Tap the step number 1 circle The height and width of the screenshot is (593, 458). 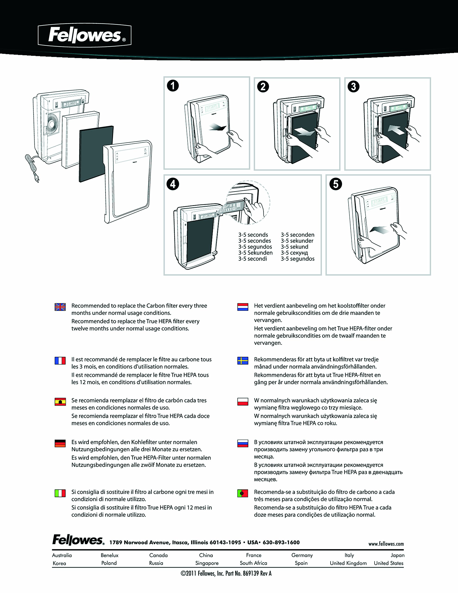click(173, 86)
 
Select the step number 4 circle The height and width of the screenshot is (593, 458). click(173, 184)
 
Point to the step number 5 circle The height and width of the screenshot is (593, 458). click(336, 184)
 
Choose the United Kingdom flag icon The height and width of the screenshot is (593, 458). click(60, 307)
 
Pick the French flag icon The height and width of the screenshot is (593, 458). click(60, 361)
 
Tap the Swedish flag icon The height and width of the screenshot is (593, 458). click(243, 361)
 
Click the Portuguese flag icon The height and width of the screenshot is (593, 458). click(243, 493)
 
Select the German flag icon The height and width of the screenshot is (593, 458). click(60, 443)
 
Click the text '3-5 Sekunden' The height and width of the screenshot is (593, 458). click(255, 253)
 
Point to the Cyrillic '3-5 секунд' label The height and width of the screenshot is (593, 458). click(294, 253)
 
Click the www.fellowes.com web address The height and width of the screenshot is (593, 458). click(386, 544)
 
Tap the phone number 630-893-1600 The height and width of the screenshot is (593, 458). click(281, 543)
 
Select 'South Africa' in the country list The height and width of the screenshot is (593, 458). click(253, 563)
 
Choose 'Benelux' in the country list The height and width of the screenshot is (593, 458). click(110, 555)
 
